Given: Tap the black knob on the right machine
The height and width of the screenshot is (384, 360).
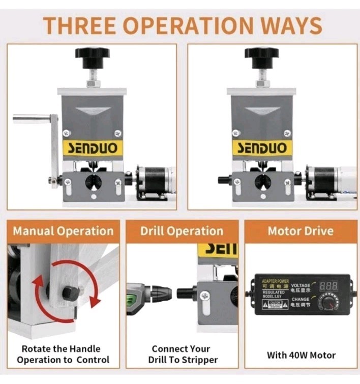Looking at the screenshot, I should [x=261, y=53].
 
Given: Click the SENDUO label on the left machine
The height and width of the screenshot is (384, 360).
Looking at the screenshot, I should [x=93, y=148].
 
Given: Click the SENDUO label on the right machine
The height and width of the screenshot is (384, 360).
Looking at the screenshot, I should [x=262, y=148].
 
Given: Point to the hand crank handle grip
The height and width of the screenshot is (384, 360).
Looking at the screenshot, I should [x=31, y=119].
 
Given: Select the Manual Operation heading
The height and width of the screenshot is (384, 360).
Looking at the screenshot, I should [x=63, y=231].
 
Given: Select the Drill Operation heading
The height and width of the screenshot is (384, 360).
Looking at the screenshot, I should [x=182, y=231].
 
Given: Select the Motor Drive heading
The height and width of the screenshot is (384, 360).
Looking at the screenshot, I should [x=301, y=231].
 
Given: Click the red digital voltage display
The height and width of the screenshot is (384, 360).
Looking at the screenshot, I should [x=329, y=286].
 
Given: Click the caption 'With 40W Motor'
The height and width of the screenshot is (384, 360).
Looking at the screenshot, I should [x=301, y=355].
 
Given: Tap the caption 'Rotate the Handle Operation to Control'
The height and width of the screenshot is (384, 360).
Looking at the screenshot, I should [x=63, y=354].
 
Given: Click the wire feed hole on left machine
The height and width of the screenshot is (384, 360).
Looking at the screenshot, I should [x=93, y=182].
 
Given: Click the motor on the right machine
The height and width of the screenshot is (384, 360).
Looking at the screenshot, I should [x=325, y=180].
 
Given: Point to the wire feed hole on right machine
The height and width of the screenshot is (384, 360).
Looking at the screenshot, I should [x=262, y=182].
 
